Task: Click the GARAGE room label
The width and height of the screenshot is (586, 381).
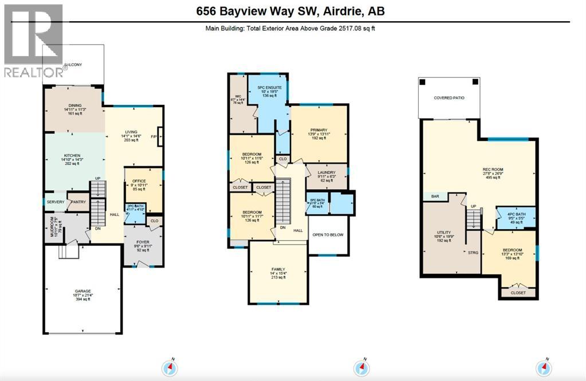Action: [82, 291]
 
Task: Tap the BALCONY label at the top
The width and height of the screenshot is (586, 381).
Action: [73, 65]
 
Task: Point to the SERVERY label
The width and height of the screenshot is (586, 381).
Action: [56, 202]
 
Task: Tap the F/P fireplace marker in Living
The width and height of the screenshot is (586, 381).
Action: [154, 136]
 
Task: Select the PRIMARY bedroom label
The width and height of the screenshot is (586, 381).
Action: [320, 130]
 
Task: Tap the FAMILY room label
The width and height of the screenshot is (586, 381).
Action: [277, 269]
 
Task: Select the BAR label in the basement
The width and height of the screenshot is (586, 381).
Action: [435, 197]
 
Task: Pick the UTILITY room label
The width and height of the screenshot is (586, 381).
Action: [444, 233]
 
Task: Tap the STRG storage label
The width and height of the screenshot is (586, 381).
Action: [473, 252]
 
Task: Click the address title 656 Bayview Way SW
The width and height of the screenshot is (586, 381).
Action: [293, 10]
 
